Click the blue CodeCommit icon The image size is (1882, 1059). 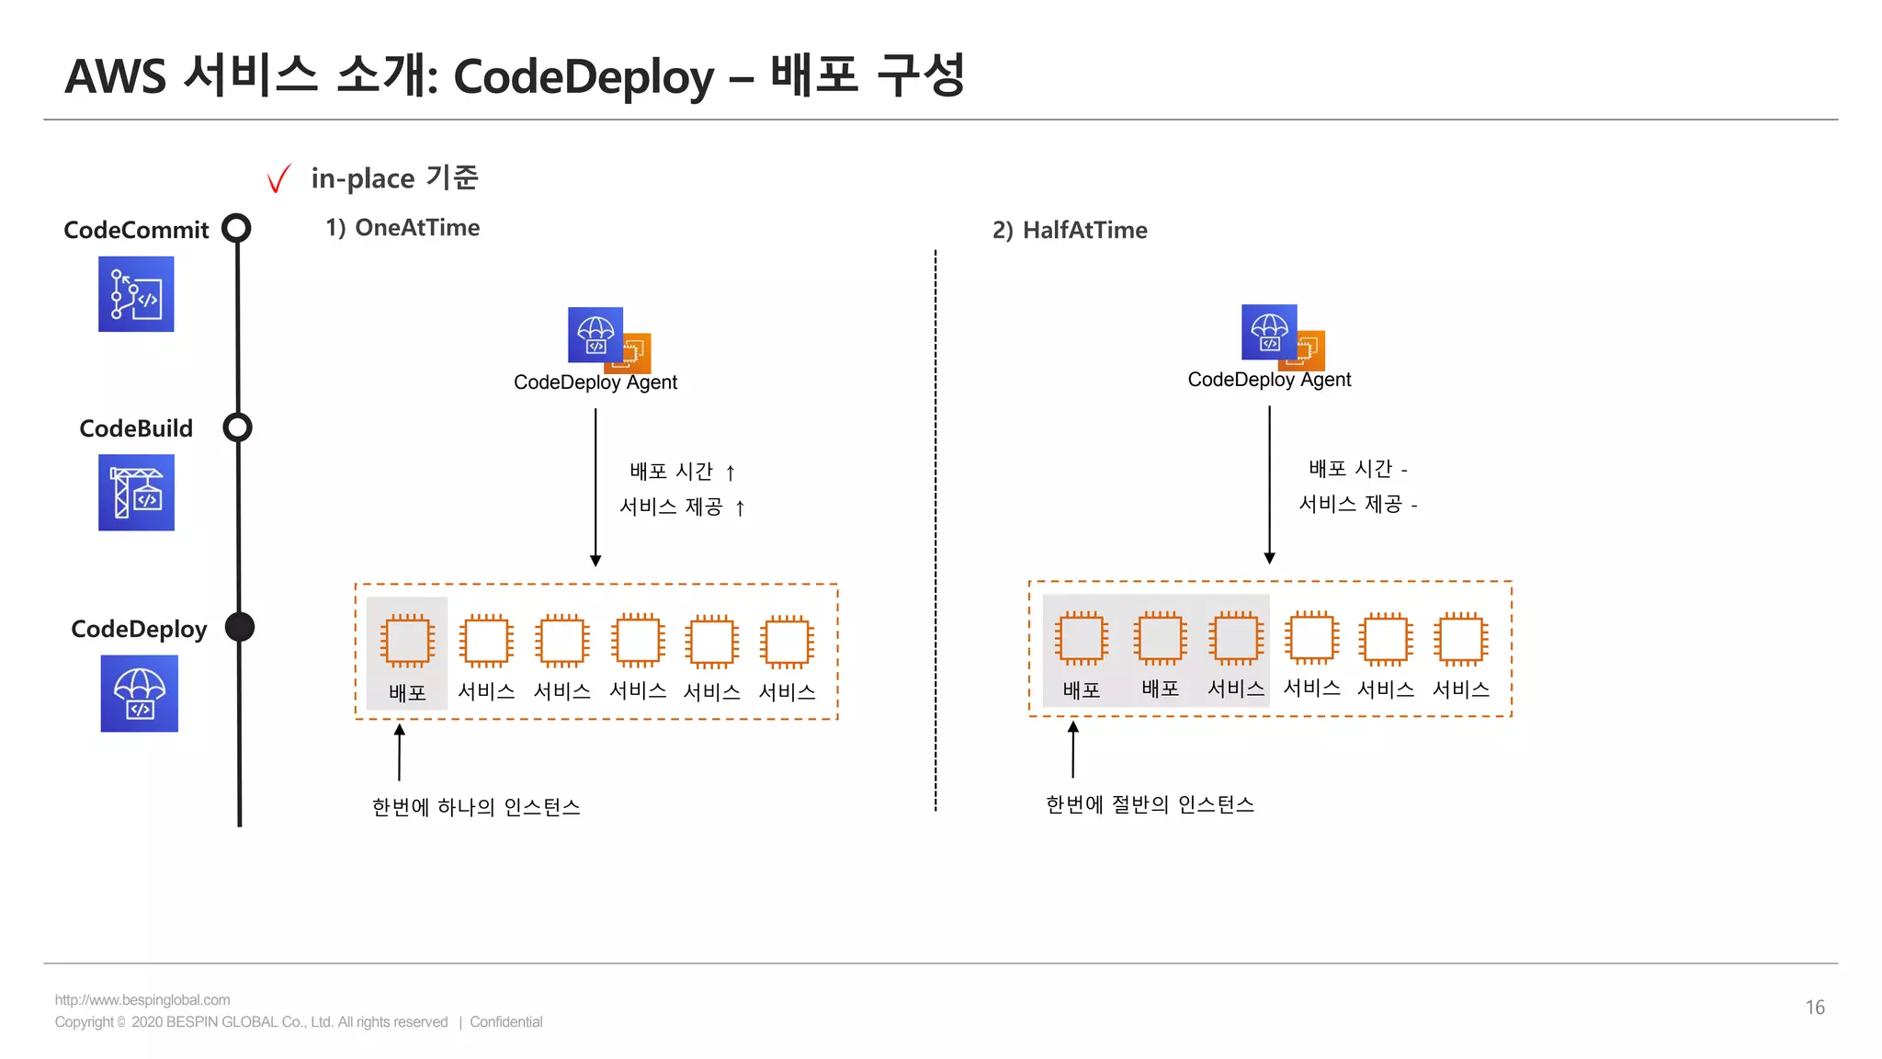pos(136,294)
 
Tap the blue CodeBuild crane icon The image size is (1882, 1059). pos(136,493)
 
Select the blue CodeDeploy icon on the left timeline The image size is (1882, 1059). pos(139,693)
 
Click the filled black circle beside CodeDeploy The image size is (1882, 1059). pos(240,627)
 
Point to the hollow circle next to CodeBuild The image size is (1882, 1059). pos(238,427)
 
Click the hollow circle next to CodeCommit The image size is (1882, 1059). pos(237,228)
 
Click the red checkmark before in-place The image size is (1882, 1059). pos(278,178)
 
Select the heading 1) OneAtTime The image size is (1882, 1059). pos(402,228)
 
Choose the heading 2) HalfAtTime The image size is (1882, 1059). pos(1070,230)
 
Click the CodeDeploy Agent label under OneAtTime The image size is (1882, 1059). pos(595,382)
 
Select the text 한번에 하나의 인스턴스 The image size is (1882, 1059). pos(476,807)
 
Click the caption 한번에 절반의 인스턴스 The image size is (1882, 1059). pos(1150,804)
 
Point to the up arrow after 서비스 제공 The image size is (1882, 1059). pos(740,507)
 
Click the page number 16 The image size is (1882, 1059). pos(1814,1008)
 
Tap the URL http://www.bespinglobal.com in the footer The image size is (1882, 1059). pos(142,1000)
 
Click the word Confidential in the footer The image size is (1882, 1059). pos(505,1022)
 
